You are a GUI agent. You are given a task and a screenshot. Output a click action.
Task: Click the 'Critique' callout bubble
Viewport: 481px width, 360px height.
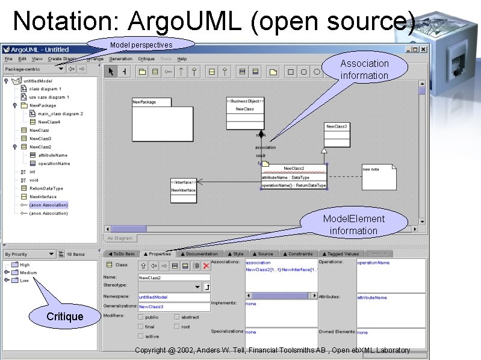(x=65, y=316)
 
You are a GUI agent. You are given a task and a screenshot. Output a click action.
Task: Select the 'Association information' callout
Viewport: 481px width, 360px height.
(x=364, y=69)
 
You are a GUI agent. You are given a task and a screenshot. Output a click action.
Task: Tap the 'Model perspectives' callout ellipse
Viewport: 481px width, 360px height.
(x=141, y=45)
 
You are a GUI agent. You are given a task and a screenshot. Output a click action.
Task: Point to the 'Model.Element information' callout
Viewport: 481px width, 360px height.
(x=353, y=225)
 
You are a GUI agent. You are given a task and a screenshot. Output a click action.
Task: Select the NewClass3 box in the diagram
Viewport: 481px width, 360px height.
(x=337, y=135)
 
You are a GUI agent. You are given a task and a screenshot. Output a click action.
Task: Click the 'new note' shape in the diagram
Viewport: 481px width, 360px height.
(x=379, y=176)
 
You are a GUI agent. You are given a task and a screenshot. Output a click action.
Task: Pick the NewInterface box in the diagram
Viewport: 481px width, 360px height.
(x=184, y=190)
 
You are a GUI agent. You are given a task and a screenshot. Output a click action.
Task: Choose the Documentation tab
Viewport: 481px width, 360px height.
(x=199, y=254)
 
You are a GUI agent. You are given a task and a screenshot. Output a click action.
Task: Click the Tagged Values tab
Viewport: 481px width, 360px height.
(x=341, y=254)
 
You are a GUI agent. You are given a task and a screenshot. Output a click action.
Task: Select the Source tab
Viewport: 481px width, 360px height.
(x=262, y=254)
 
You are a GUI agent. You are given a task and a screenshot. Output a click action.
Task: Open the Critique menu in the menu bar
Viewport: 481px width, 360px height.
(x=146, y=59)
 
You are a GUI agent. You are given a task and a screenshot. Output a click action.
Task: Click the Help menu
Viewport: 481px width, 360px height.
(x=182, y=59)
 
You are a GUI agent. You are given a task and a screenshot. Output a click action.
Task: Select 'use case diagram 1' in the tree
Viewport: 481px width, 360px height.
(x=49, y=97)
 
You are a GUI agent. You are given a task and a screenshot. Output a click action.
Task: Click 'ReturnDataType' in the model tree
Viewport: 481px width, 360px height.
(x=46, y=188)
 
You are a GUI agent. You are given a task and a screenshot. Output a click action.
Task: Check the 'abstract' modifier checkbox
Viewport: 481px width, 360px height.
(x=178, y=317)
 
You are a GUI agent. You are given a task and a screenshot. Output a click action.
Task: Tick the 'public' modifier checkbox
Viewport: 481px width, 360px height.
(x=141, y=317)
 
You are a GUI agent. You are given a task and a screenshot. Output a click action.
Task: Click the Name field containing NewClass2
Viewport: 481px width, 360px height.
(x=173, y=278)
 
